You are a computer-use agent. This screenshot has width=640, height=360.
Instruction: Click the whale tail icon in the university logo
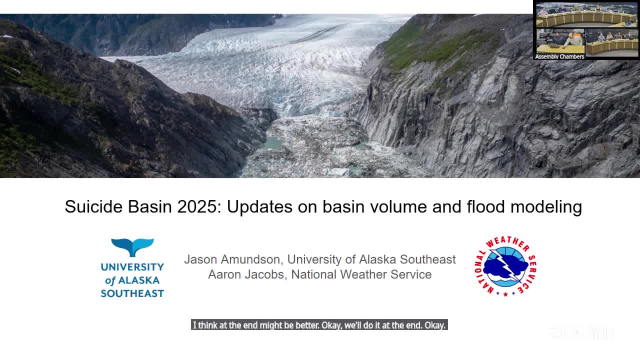tap(132, 247)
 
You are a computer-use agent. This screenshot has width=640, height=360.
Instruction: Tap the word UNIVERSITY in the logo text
tap(132, 267)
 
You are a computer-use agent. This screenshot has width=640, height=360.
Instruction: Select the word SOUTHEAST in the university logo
tap(132, 293)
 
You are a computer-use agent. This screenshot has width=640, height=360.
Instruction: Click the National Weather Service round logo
tap(505, 266)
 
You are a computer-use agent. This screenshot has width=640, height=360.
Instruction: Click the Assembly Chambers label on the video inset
tap(559, 56)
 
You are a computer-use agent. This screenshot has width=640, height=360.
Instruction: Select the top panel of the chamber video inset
tap(586, 15)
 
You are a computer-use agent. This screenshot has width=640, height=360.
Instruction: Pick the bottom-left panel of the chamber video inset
tap(560, 41)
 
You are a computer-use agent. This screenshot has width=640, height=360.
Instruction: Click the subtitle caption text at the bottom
tap(319, 325)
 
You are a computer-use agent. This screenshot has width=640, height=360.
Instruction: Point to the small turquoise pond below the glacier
tap(273, 143)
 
